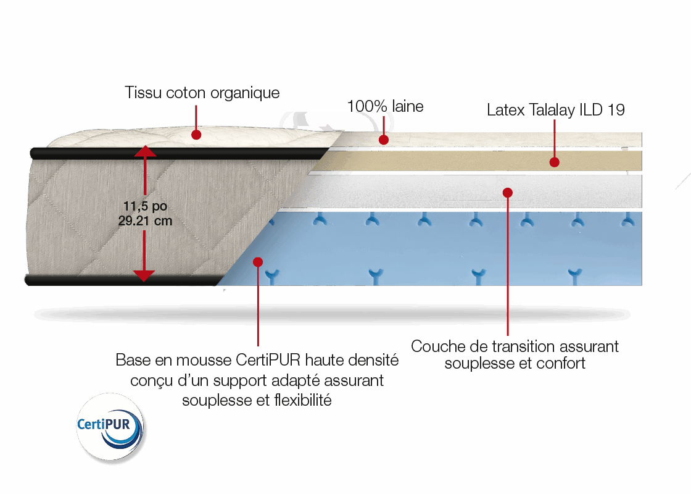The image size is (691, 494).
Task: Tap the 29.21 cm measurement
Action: (144, 220)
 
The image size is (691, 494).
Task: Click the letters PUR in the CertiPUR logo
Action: (126, 425)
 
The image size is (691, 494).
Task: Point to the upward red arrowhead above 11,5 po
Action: (144, 151)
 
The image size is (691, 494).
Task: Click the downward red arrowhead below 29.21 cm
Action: (144, 275)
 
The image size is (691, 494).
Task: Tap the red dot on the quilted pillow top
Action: (196, 134)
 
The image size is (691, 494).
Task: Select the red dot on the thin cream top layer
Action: (384, 140)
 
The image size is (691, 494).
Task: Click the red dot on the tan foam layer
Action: (554, 162)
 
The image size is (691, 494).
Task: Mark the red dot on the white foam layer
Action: (507, 193)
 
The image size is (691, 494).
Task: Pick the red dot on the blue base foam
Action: (258, 262)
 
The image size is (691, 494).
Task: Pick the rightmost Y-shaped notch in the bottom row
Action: (575, 274)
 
